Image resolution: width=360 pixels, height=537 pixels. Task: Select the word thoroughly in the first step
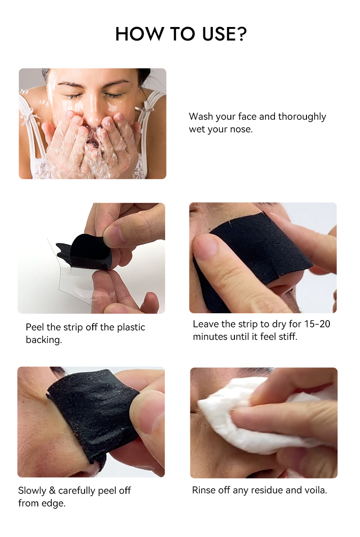coord(302,117)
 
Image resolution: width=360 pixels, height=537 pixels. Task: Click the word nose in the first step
coord(242,130)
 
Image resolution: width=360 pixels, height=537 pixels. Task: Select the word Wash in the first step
coord(200,117)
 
